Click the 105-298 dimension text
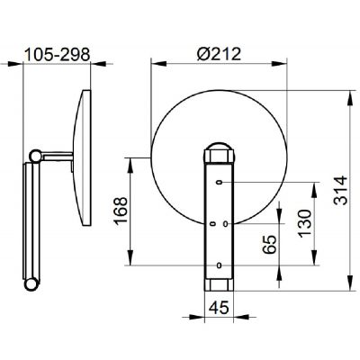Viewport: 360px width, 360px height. pos(57,55)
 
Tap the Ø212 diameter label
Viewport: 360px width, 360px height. pos(219,54)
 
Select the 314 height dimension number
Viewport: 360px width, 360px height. pos(340,191)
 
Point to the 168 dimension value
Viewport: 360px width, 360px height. pos(121,211)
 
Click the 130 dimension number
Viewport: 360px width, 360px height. pos(305,223)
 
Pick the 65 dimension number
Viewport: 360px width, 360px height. pos(269,245)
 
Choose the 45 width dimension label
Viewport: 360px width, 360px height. pos(219,307)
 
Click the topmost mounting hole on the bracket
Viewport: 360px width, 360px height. pos(220,182)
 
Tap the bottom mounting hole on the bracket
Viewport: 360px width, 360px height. pos(220,265)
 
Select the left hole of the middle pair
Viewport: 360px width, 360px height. pos(212,223)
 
